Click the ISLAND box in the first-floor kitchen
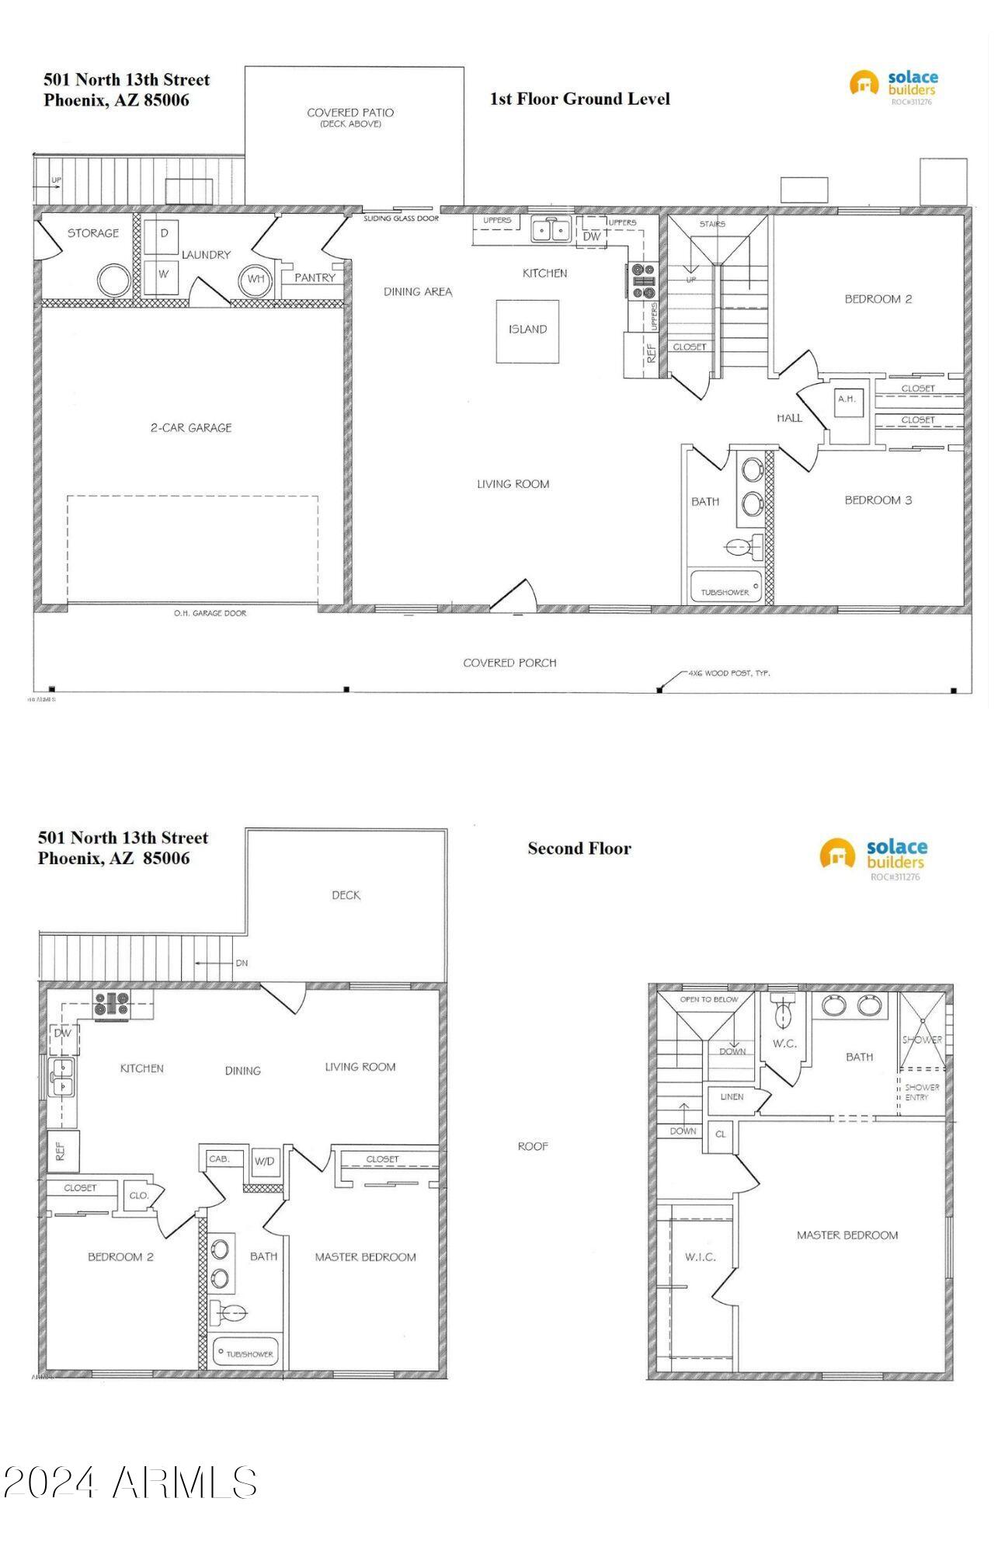[527, 330]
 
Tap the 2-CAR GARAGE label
[191, 427]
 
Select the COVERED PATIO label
[350, 113]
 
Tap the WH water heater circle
[256, 279]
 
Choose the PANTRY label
[315, 277]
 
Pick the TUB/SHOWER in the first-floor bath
[725, 590]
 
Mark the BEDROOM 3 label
[878, 500]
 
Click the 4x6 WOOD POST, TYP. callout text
[728, 673]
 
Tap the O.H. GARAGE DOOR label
[210, 613]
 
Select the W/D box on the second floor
[264, 1162]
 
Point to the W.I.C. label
[700, 1256]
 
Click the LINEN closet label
[732, 1097]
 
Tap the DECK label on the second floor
[346, 895]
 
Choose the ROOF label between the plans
[533, 1146]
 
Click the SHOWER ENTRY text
[922, 1092]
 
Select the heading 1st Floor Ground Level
[579, 99]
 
